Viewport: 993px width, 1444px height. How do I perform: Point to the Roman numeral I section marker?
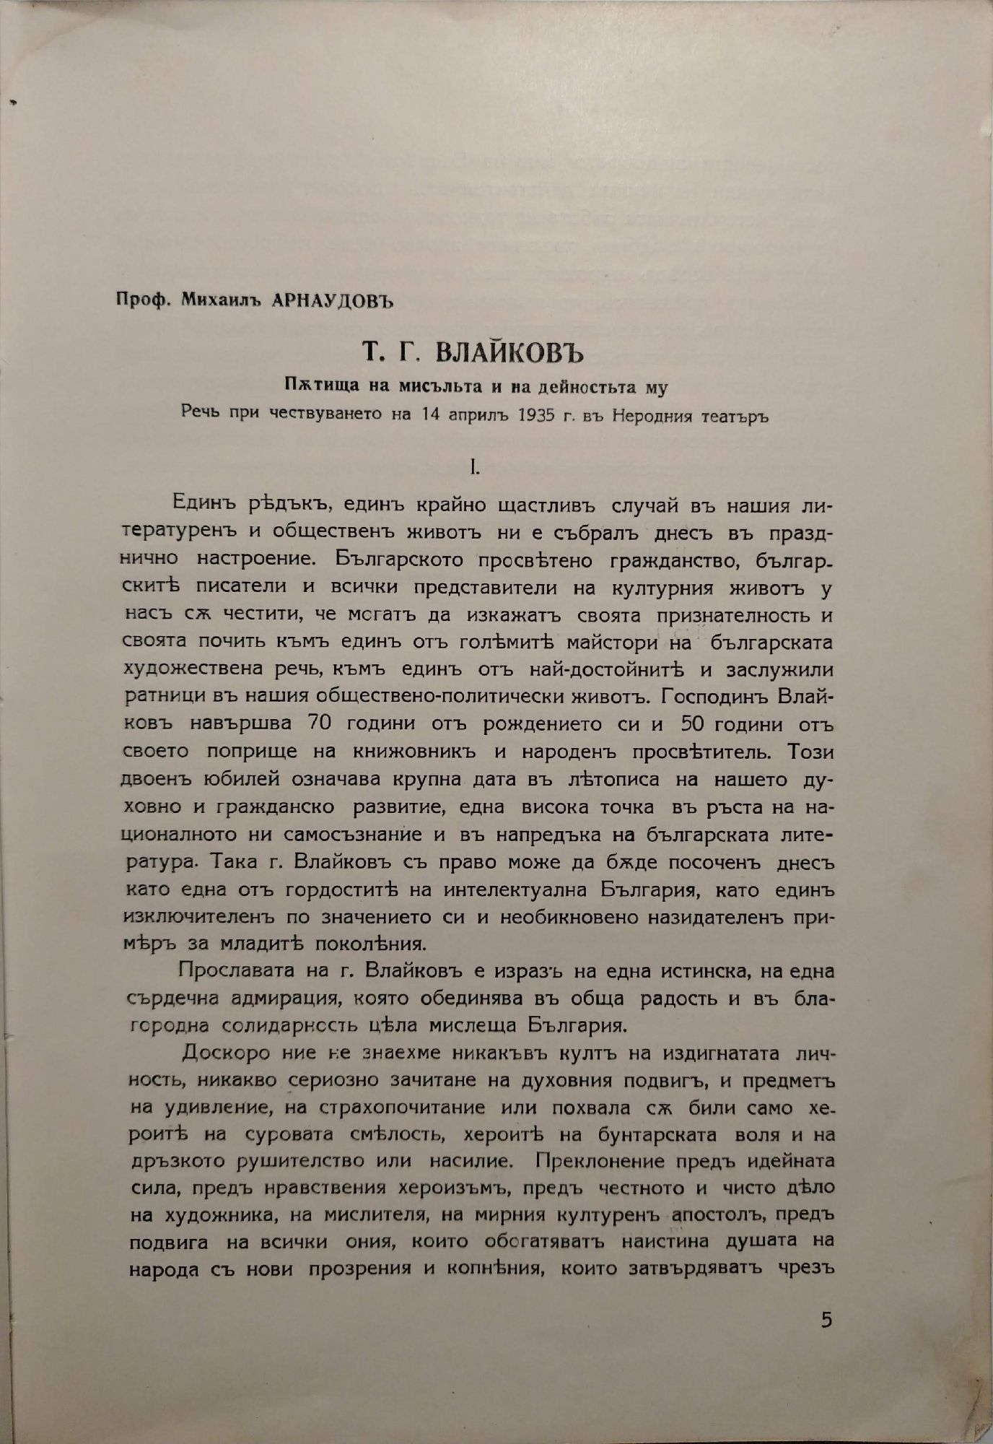tap(473, 468)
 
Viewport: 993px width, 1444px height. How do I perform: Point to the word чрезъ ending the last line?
tap(808, 1269)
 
